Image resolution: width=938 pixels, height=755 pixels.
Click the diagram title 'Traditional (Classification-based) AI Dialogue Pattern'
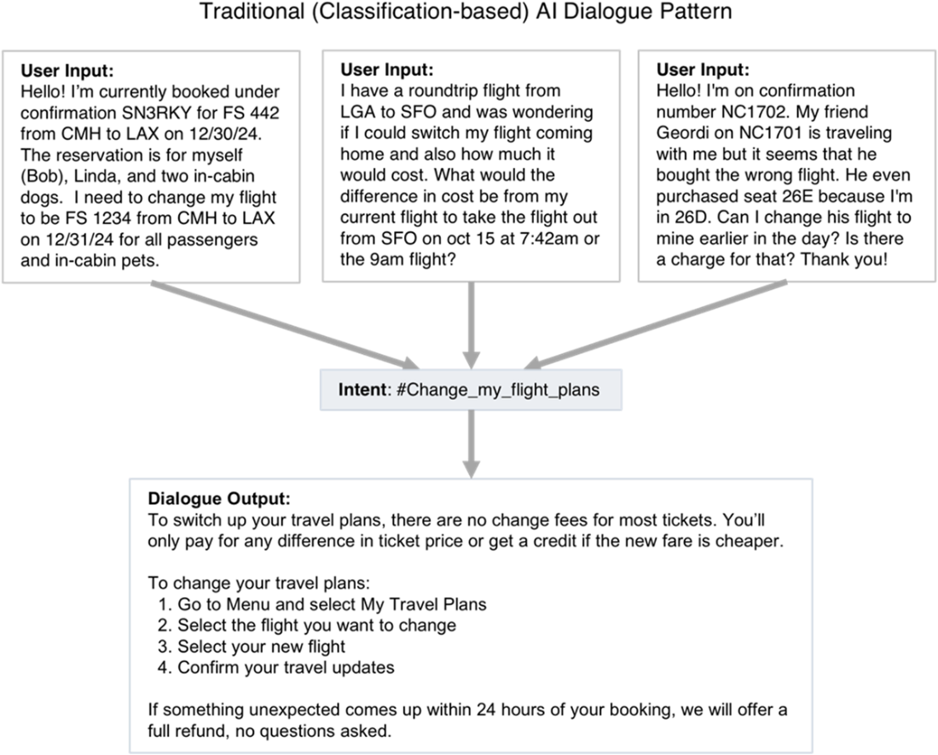466,11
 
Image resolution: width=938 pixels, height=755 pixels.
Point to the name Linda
96,177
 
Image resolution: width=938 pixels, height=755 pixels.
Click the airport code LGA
358,112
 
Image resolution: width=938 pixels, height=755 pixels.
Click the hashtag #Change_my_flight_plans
498,390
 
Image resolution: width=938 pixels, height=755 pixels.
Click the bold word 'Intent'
362,390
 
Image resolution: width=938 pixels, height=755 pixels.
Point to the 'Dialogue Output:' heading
219,499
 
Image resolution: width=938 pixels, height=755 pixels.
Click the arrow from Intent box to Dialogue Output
472,444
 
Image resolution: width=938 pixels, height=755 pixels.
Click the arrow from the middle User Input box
472,325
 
